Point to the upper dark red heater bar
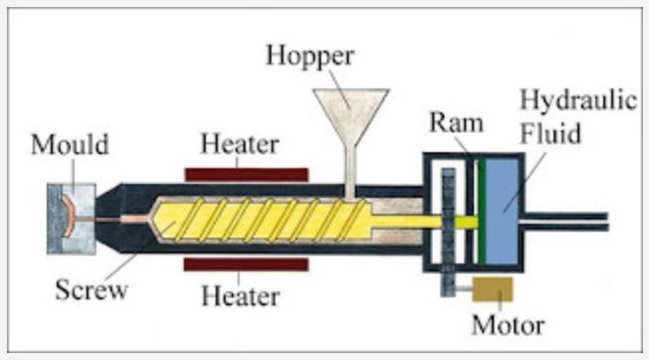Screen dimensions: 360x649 pyautogui.click(x=245, y=174)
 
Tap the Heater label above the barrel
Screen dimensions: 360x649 pyautogui.click(x=240, y=144)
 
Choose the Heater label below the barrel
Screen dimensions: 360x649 pyautogui.click(x=240, y=295)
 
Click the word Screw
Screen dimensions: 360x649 pyautogui.click(x=91, y=291)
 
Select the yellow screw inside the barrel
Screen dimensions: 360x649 pyautogui.click(x=268, y=219)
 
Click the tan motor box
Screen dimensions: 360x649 pyautogui.click(x=492, y=288)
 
